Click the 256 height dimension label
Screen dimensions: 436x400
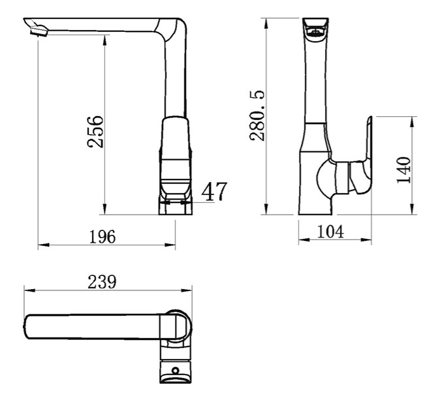[95, 131]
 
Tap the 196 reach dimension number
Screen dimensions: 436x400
[102, 237]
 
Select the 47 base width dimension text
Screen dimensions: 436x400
[214, 191]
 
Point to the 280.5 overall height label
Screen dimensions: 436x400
[257, 115]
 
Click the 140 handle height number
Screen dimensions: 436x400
[403, 170]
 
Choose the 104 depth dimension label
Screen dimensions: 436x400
[330, 231]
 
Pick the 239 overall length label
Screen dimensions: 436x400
[102, 282]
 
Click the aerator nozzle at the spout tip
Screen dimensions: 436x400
[39, 31]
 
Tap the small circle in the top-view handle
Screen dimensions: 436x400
[175, 371]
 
